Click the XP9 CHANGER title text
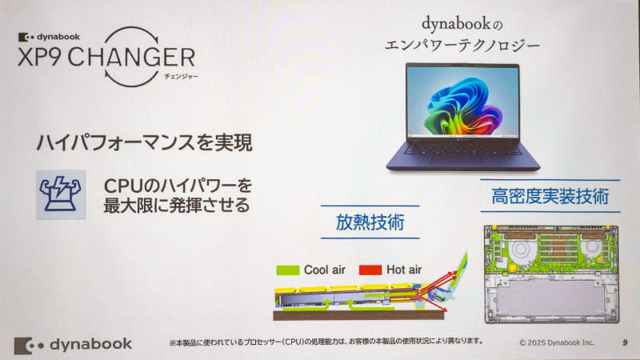click(x=103, y=58)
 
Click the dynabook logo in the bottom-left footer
click(x=73, y=344)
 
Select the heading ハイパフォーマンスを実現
click(x=145, y=144)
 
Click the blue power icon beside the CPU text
click(x=61, y=194)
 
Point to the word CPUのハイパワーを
click(x=178, y=186)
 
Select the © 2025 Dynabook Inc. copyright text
click(x=557, y=342)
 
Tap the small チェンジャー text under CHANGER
click(x=178, y=77)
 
